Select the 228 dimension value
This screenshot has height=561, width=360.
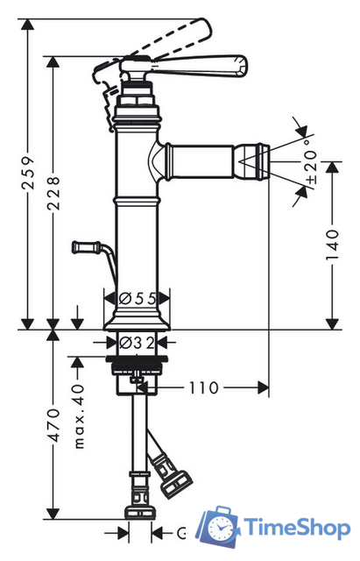[53, 192]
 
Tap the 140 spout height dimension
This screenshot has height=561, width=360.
[333, 245]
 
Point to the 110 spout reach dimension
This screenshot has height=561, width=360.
[203, 387]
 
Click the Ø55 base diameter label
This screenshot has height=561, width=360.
[138, 298]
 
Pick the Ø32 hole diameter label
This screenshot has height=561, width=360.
[137, 343]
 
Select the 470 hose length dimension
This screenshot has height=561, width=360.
[53, 425]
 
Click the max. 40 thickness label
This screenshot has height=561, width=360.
[79, 416]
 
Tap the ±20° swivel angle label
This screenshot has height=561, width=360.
[310, 166]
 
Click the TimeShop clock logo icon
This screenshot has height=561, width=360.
[219, 526]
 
